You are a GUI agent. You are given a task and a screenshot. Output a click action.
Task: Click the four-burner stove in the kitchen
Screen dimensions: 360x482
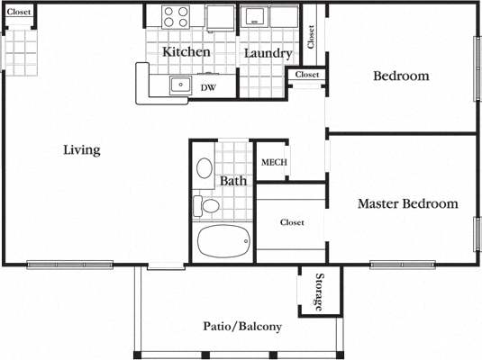pyautogui.click(x=175, y=17)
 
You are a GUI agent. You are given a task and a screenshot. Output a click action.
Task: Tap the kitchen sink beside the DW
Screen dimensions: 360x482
pyautogui.click(x=180, y=86)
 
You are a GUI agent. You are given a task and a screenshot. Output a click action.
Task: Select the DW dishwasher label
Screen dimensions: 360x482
pyautogui.click(x=208, y=88)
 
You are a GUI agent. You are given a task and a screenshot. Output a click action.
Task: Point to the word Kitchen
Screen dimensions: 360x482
pyautogui.click(x=186, y=52)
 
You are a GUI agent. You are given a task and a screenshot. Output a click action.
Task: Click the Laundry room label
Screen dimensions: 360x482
pyautogui.click(x=268, y=53)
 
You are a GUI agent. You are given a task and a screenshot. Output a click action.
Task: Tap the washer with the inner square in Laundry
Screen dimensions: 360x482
pyautogui.click(x=254, y=17)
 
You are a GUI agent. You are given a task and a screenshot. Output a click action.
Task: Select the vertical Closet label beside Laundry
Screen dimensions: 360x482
pyautogui.click(x=311, y=36)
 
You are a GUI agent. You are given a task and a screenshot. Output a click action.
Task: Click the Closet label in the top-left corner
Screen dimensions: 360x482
pyautogui.click(x=19, y=13)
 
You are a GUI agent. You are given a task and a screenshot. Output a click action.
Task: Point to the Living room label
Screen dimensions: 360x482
pyautogui.click(x=81, y=149)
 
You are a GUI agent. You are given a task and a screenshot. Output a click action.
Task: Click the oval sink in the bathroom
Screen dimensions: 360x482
pyautogui.click(x=205, y=168)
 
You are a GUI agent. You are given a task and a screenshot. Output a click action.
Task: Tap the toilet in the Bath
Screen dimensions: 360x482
pyautogui.click(x=208, y=206)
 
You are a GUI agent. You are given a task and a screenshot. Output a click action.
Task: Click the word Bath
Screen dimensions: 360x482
pyautogui.click(x=233, y=181)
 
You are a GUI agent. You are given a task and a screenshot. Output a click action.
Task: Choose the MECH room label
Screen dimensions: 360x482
pyautogui.click(x=273, y=163)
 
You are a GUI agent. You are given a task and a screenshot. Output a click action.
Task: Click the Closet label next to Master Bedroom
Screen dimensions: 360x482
pyautogui.click(x=291, y=222)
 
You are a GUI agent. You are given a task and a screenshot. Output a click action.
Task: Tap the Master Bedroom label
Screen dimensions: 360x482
pyautogui.click(x=407, y=204)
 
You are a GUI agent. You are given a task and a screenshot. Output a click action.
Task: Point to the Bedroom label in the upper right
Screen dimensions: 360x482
pyautogui.click(x=401, y=76)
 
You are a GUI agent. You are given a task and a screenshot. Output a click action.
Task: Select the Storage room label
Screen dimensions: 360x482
pyautogui.click(x=319, y=292)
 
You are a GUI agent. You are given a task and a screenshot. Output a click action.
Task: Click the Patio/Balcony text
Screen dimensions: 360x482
pyautogui.click(x=242, y=327)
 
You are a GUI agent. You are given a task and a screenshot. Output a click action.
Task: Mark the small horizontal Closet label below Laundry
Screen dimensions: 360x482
pyautogui.click(x=306, y=75)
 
